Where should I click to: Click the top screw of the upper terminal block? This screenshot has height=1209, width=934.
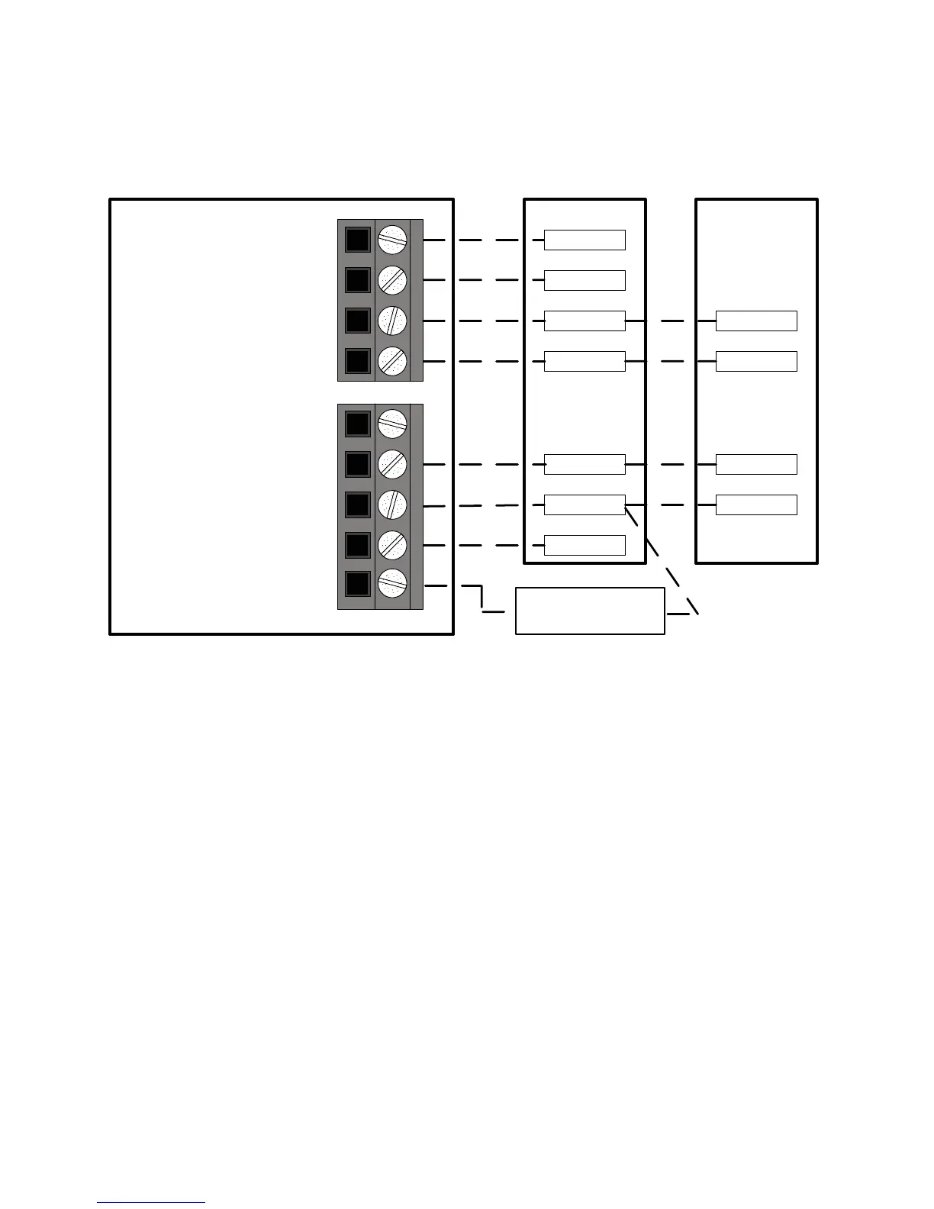coord(392,240)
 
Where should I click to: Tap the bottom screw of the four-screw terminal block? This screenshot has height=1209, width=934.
coord(392,361)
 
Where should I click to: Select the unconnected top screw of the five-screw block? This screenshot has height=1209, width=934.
coord(392,424)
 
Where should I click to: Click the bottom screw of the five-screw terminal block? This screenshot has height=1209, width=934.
coord(392,585)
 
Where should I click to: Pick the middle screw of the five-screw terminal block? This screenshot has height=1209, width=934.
coord(392,505)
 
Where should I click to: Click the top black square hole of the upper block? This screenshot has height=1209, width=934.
coord(357,240)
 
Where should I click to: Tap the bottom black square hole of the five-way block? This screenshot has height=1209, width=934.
coord(357,585)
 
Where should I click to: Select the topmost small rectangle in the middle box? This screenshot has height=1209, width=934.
coord(585,240)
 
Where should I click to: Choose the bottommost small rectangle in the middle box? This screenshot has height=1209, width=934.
coord(585,545)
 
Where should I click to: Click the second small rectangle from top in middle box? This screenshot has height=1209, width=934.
coord(585,280)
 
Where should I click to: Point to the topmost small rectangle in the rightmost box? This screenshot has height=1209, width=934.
coord(756,321)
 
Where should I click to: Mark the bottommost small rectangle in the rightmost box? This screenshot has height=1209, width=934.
coord(756,505)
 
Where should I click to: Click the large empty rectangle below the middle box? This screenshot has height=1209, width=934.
coord(590,611)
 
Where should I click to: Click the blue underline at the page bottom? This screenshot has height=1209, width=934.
coord(151,1203)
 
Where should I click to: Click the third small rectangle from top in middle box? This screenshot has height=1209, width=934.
coord(585,321)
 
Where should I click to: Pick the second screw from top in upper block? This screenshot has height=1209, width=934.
coord(392,280)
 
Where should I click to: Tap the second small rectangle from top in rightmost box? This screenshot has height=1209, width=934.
coord(756,361)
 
